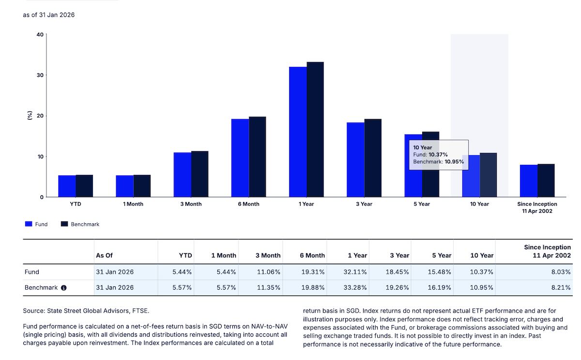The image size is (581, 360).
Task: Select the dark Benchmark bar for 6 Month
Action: point(258,157)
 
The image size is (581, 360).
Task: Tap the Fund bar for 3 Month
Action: point(183,175)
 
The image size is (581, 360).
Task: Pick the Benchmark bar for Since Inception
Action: point(546,181)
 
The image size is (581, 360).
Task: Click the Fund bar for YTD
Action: point(67,186)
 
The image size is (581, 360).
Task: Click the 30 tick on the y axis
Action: point(40,75)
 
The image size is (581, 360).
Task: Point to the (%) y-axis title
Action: point(30,116)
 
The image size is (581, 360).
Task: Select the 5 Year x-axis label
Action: point(422,204)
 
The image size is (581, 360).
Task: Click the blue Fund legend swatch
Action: point(29,224)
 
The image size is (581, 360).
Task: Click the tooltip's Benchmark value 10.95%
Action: point(454,161)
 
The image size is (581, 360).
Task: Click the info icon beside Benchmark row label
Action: point(63,288)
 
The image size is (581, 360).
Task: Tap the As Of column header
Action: point(104,255)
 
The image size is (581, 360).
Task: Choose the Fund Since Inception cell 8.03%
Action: point(561,272)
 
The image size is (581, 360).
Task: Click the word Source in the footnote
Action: point(33,311)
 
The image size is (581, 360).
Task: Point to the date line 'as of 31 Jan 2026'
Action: point(49,15)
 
